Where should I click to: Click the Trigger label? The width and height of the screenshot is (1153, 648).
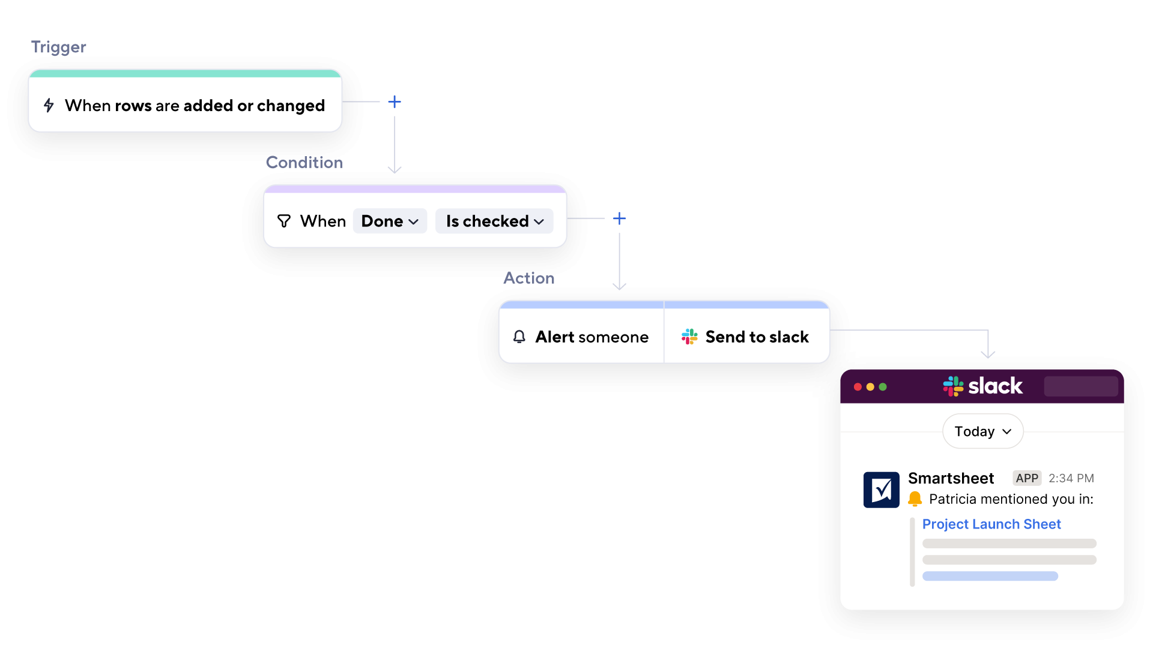59,47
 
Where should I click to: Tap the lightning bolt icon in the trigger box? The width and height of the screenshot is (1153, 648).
49,106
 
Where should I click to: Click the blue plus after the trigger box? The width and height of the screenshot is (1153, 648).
394,102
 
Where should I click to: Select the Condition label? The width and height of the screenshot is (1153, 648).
304,162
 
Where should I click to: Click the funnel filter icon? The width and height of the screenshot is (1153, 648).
284,221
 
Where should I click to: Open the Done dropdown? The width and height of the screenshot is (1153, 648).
390,221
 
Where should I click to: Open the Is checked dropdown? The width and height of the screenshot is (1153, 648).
494,221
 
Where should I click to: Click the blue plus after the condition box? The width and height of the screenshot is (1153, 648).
619,219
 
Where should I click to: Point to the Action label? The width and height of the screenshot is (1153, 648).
528,278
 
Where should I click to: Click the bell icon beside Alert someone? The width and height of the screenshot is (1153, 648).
519,337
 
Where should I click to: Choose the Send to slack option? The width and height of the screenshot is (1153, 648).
757,337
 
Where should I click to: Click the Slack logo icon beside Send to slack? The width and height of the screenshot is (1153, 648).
689,337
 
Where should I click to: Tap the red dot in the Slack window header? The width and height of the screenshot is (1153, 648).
858,387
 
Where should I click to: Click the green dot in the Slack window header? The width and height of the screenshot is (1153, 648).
883,387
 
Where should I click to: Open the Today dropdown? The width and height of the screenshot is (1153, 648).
982,431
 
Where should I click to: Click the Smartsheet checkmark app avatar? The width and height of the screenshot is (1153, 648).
881,489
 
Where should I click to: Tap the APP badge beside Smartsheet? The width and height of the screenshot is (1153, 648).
1026,478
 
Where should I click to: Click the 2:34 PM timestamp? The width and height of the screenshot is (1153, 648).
1071,478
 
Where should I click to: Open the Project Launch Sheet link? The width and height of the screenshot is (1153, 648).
991,524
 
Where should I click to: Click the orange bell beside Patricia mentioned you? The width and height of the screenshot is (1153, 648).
915,498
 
